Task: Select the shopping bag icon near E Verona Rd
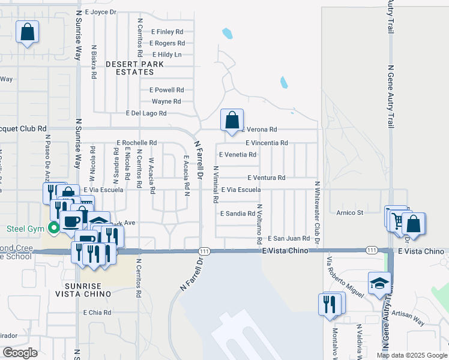232,120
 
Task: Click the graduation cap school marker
379,284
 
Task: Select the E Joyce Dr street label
101,11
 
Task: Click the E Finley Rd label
167,32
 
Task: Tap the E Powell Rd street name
167,90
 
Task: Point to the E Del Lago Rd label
145,113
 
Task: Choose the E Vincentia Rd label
267,143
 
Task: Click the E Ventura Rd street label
266,178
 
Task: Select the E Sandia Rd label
238,213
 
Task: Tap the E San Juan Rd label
288,238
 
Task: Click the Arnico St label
350,212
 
